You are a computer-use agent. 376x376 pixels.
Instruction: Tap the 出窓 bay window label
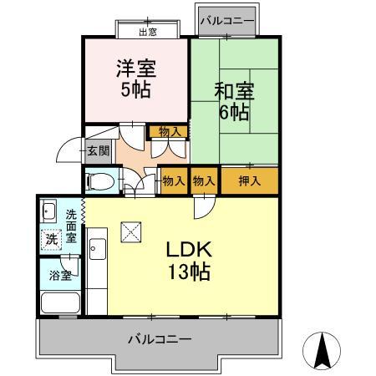pyautogui.click(x=147, y=32)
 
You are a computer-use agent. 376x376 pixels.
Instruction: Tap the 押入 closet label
pyautogui.click(x=248, y=180)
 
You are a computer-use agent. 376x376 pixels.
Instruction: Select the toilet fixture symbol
pyautogui.click(x=99, y=180)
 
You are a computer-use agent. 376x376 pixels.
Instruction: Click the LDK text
pyautogui.click(x=186, y=248)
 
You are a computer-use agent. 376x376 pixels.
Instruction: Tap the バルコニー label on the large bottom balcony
pyautogui.click(x=160, y=339)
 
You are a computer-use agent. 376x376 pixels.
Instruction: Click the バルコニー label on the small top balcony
pyautogui.click(x=227, y=19)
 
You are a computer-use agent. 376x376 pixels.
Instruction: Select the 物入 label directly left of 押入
pyautogui.click(x=204, y=180)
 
